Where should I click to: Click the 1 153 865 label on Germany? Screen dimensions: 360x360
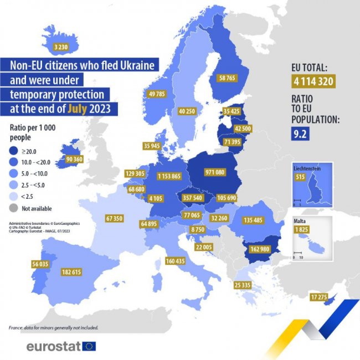coord(172,176)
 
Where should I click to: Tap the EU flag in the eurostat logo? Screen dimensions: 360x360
coord(89,347)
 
